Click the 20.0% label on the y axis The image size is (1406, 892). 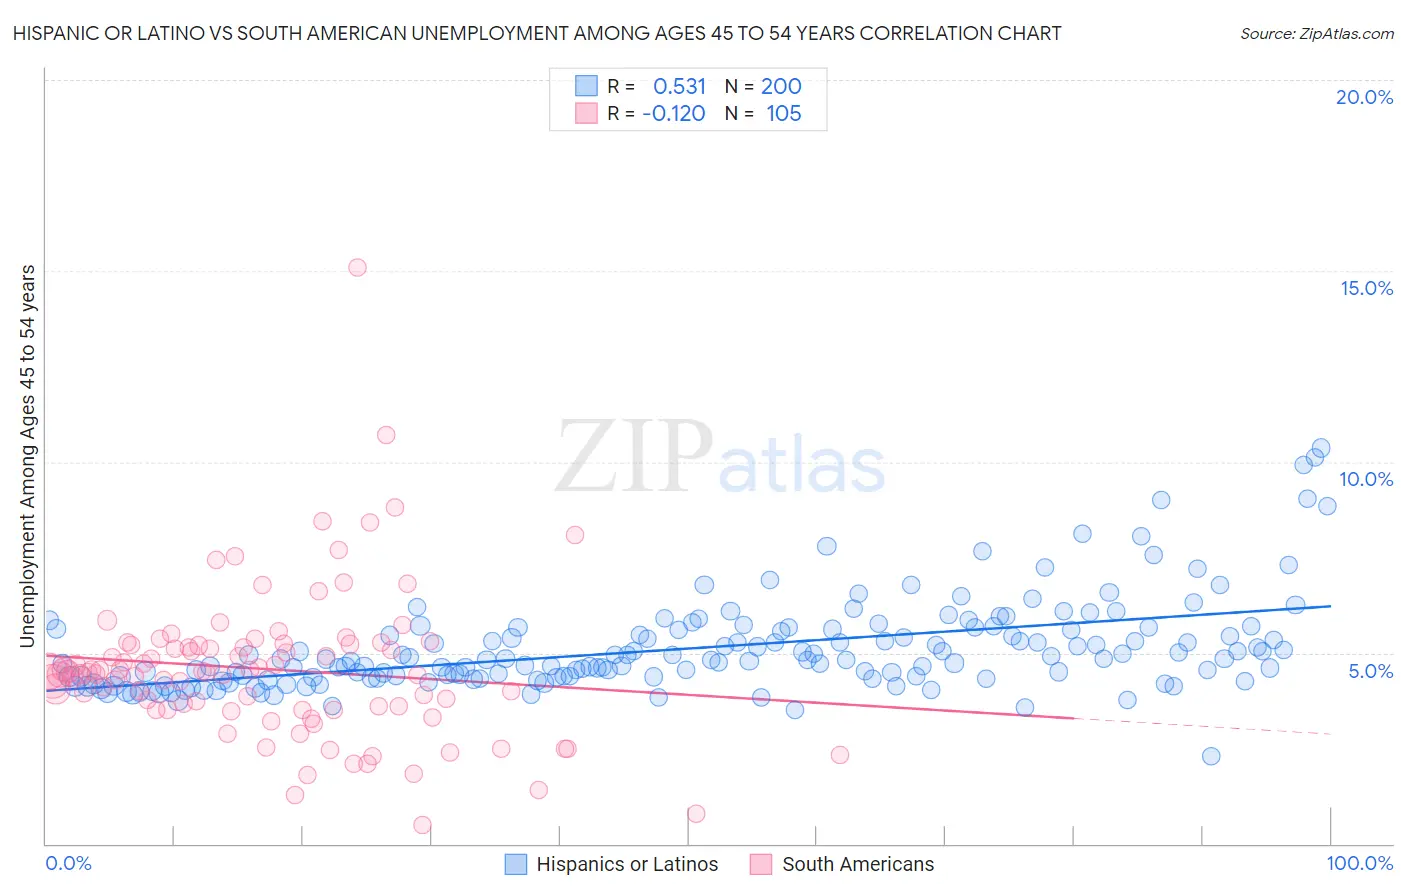pos(1364,97)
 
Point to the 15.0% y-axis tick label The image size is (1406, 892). pos(1366,288)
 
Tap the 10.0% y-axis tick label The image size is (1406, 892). pos(1366,479)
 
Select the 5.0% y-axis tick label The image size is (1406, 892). pos(1370,670)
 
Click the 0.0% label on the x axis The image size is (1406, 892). pos(69,863)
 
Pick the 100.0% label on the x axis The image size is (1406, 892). pos(1359,863)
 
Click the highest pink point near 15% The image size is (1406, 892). pos(357,267)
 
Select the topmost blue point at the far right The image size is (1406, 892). pos(1320,448)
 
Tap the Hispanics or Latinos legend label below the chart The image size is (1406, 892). pos(627,864)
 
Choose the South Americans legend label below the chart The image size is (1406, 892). pos(858,864)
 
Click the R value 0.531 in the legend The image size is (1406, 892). pos(679,86)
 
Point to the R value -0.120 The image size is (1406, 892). pos(674,113)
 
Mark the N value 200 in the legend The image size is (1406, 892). pos(781,86)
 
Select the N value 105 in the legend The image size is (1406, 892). pos(783,113)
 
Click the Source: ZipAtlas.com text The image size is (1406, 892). pos(1316,33)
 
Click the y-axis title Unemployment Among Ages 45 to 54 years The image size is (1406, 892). pos(27,455)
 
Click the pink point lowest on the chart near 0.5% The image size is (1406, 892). pos(422,825)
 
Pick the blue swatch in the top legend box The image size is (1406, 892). pos(586,86)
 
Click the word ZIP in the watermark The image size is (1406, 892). pos(633,458)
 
